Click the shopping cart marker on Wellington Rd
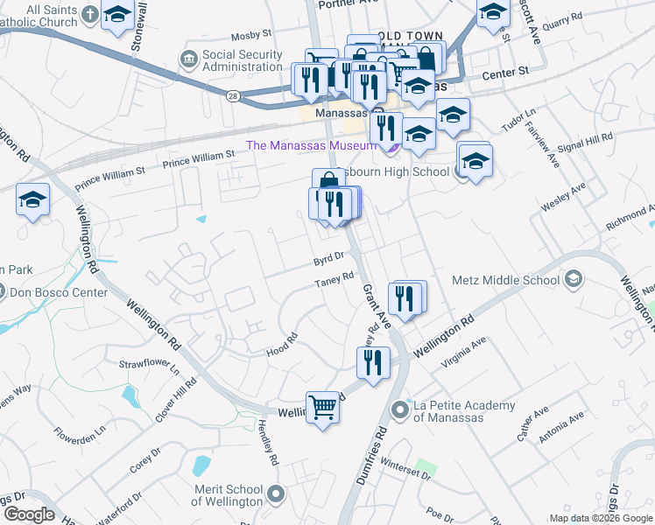[x=322, y=407]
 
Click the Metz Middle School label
[x=505, y=280]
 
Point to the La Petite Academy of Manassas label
[x=464, y=411]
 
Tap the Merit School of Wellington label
[x=227, y=495]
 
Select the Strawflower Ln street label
[x=148, y=363]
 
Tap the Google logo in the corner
[x=29, y=514]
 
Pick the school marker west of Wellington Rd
[x=32, y=200]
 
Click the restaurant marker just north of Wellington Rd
[x=374, y=362]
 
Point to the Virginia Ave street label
[x=465, y=348]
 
